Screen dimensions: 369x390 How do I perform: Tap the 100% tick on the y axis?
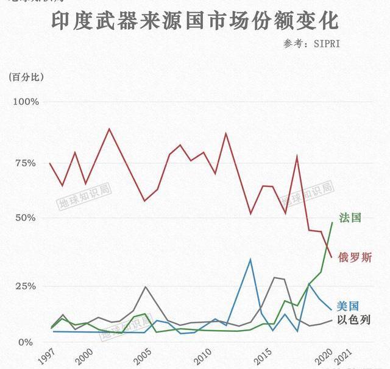[26, 102]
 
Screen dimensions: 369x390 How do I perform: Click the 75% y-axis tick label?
[28, 163]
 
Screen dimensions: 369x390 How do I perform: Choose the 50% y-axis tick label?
[28, 218]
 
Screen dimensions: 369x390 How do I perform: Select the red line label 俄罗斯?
[355, 258]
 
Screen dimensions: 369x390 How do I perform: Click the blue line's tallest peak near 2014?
[250, 259]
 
